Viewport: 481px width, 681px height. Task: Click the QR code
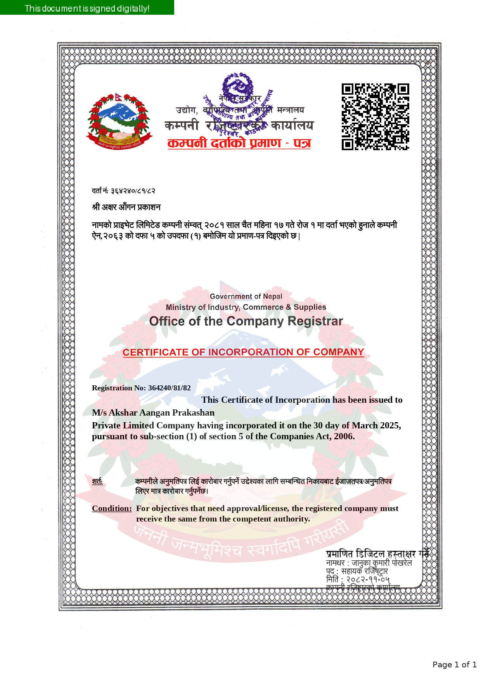(375, 116)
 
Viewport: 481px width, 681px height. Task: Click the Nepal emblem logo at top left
(119, 121)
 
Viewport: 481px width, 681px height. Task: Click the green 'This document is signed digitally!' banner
(87, 8)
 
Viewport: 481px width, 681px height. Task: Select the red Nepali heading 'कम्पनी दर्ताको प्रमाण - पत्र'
(239, 143)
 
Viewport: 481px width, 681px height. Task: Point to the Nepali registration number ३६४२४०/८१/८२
(133, 191)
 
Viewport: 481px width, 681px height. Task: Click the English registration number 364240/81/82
(170, 388)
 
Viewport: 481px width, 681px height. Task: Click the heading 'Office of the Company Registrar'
(246, 321)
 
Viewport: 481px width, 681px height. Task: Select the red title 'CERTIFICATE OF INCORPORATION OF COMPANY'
(243, 352)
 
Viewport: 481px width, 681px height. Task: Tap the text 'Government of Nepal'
(246, 296)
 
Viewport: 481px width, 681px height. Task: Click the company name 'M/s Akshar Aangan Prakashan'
(153, 412)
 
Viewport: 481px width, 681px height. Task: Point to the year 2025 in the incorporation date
(389, 425)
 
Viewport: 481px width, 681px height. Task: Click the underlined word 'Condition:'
(112, 508)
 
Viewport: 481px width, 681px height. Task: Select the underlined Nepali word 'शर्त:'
(97, 482)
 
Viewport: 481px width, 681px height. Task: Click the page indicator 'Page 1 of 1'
(454, 665)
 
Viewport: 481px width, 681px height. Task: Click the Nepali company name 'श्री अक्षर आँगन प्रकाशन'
(126, 207)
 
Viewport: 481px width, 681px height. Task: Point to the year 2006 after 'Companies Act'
(344, 436)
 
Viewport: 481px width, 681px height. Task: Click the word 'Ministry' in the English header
(181, 307)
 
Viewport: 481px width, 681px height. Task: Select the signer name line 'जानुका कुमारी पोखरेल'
(382, 563)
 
